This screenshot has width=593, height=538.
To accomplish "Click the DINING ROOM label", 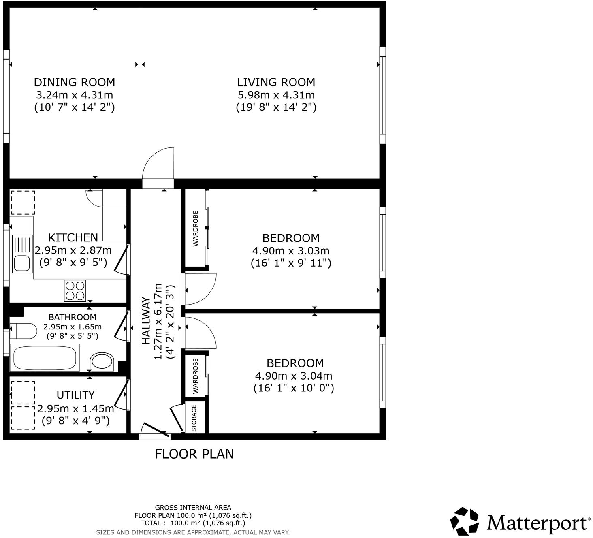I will pos(74,82).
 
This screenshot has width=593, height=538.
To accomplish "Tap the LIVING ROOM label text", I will pos(276,82).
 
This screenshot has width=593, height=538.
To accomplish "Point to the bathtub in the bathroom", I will pos(45,358).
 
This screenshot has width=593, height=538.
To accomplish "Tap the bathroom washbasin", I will pos(102,361).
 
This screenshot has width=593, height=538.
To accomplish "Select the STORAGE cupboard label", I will pos(194,418).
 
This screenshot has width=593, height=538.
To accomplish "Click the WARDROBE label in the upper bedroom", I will pos(196,228).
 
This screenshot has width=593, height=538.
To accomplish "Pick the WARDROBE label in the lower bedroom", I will pos(196,376).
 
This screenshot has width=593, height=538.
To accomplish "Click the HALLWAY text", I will pos(146,321).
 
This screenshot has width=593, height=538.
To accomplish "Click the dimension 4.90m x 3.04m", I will pos(294,376).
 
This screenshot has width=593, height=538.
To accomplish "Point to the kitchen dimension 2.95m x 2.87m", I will pos(73,250).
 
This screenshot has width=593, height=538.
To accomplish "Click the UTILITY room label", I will pos(75,395).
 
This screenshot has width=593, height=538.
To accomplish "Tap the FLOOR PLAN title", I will pos(194,454).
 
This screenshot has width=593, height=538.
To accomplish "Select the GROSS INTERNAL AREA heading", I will pos(193,507).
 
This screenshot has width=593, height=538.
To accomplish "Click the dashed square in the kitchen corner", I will pos(23,203).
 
